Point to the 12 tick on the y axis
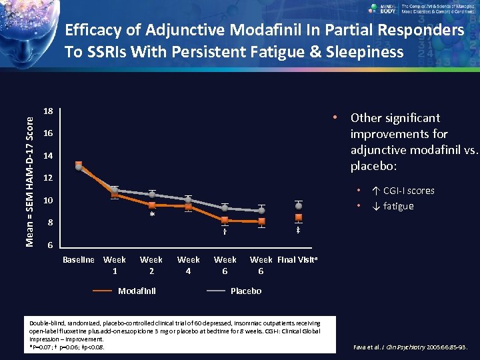click(48, 179)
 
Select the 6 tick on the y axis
click(48, 245)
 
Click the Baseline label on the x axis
click(79, 260)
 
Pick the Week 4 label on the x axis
click(188, 265)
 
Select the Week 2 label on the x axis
click(151, 265)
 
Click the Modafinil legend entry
click(137, 291)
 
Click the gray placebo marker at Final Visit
click(299, 205)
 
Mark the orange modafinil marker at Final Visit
click(299, 218)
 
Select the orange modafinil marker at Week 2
click(152, 205)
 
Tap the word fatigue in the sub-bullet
click(399, 206)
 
